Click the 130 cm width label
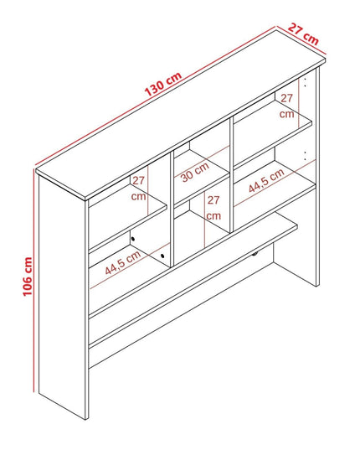pyautogui.click(x=163, y=84)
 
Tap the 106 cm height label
pyautogui.click(x=28, y=277)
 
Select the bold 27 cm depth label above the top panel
pyautogui.click(x=303, y=34)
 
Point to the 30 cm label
pyautogui.click(x=195, y=172)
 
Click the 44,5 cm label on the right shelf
pyautogui.click(x=266, y=180)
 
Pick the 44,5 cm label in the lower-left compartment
pyautogui.click(x=123, y=262)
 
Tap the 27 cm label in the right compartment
pyautogui.click(x=286, y=106)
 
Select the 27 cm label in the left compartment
pyautogui.click(x=138, y=189)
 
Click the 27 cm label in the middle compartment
pyautogui.click(x=213, y=208)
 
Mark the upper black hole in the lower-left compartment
pyautogui.click(x=133, y=239)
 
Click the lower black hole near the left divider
pyautogui.click(x=162, y=256)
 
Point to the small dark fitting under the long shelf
pyautogui.click(x=255, y=254)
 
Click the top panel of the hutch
pyautogui.click(x=181, y=115)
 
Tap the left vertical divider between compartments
pyautogui.click(x=172, y=209)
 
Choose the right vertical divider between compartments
pyautogui.click(x=231, y=175)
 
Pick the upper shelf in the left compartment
pyautogui.click(x=128, y=218)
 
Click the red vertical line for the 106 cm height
pyautogui.click(x=33, y=280)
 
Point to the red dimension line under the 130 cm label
pyautogui.click(x=156, y=96)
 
